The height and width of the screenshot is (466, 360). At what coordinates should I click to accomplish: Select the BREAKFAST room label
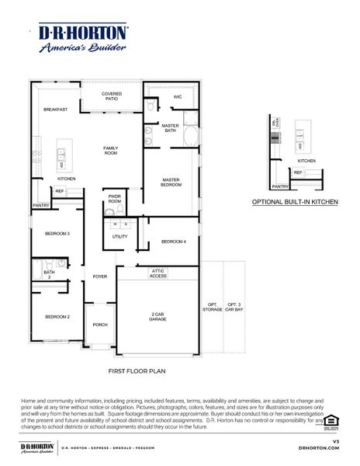(55, 110)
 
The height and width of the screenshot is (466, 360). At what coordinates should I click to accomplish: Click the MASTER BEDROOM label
(171, 183)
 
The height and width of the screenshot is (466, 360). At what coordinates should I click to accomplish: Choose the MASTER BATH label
(171, 128)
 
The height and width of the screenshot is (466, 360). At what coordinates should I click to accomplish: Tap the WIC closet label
(178, 97)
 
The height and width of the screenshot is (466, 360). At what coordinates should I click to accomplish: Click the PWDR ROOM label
(115, 199)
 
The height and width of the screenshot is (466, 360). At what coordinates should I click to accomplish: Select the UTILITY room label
(119, 236)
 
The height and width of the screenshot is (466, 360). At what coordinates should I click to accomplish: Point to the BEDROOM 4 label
(174, 242)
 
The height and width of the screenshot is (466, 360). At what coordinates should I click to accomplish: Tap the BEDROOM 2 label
(57, 317)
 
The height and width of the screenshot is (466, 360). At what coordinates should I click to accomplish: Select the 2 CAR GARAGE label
(157, 317)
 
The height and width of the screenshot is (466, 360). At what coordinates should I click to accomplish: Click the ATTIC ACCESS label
(158, 273)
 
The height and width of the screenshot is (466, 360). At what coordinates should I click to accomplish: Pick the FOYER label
(100, 276)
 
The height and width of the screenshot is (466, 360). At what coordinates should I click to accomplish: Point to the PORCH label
(100, 325)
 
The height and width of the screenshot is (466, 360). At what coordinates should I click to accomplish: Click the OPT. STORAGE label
(212, 307)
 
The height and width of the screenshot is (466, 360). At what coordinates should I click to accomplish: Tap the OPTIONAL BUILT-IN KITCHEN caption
(295, 201)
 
